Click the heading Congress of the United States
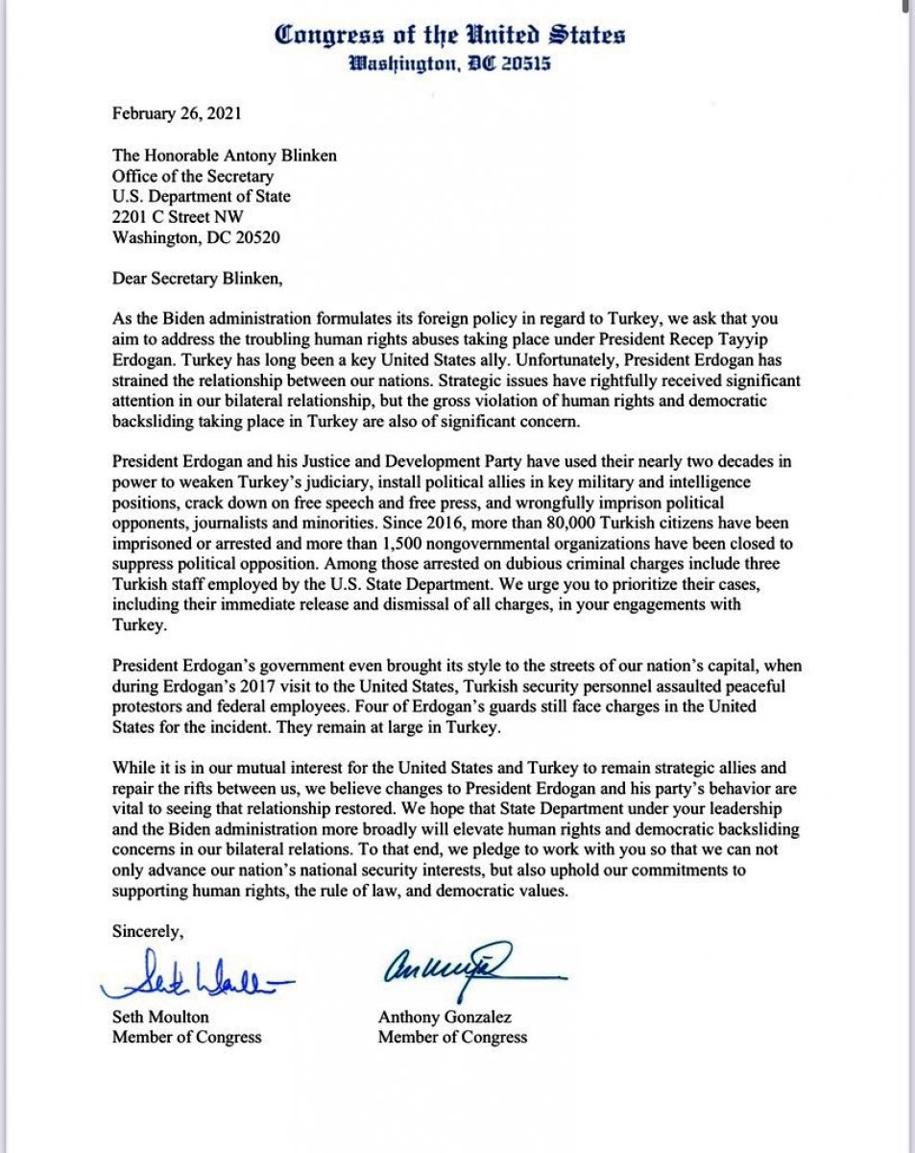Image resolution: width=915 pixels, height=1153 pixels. coord(449,36)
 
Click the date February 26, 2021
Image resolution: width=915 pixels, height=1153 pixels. coord(178,113)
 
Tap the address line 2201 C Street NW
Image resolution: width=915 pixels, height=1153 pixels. coord(178,216)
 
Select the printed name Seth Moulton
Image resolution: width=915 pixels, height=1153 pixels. coord(160,1017)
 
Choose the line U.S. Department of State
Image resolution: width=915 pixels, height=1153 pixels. coord(201,196)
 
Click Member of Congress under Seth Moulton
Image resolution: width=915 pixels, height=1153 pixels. coord(186,1037)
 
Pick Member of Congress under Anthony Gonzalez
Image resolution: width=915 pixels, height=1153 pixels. coord(452,1037)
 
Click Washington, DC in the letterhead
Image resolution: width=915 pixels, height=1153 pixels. coord(419,65)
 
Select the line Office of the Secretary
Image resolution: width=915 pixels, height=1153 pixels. coord(193,176)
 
